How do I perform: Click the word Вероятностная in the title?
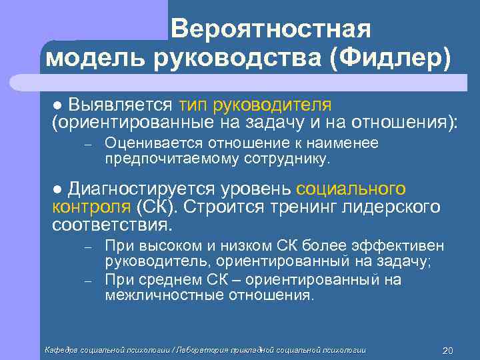[269, 29]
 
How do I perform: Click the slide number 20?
[447, 351]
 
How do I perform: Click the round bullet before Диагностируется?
[57, 190]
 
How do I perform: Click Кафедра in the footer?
[61, 350]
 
